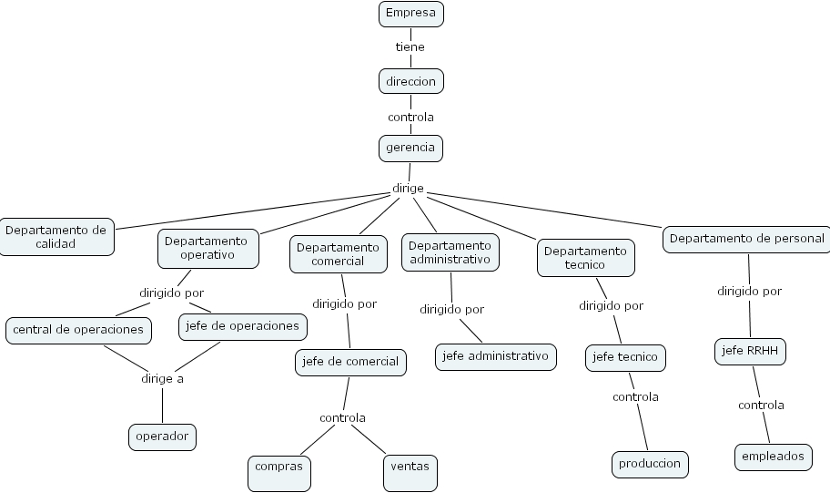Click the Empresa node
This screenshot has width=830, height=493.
pos(411,14)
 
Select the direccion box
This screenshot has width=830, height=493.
pos(411,82)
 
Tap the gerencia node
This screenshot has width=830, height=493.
pos(410,149)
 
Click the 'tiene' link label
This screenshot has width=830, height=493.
pos(410,47)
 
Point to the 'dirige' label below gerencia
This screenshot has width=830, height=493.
pos(408,189)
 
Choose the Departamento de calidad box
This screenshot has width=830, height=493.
pos(56,237)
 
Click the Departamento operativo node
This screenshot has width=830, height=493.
pos(208,249)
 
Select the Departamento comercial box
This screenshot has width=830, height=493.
pos(339,254)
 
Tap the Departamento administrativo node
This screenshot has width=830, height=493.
pos(450,252)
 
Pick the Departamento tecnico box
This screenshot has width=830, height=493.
pos(586,258)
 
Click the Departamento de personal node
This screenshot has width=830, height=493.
pos(746,240)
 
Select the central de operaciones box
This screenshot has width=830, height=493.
pos(78,331)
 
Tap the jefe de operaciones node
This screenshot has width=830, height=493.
pos(243,327)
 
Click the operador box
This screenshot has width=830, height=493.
pos(163,437)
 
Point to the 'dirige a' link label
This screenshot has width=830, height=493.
pos(163,379)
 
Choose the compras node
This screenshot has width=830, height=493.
pos(279,473)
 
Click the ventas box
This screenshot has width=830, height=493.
pos(410,473)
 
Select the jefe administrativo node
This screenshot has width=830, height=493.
pos(496,356)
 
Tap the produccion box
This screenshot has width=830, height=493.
pos(650,465)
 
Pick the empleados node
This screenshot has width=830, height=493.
pos(774,457)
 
